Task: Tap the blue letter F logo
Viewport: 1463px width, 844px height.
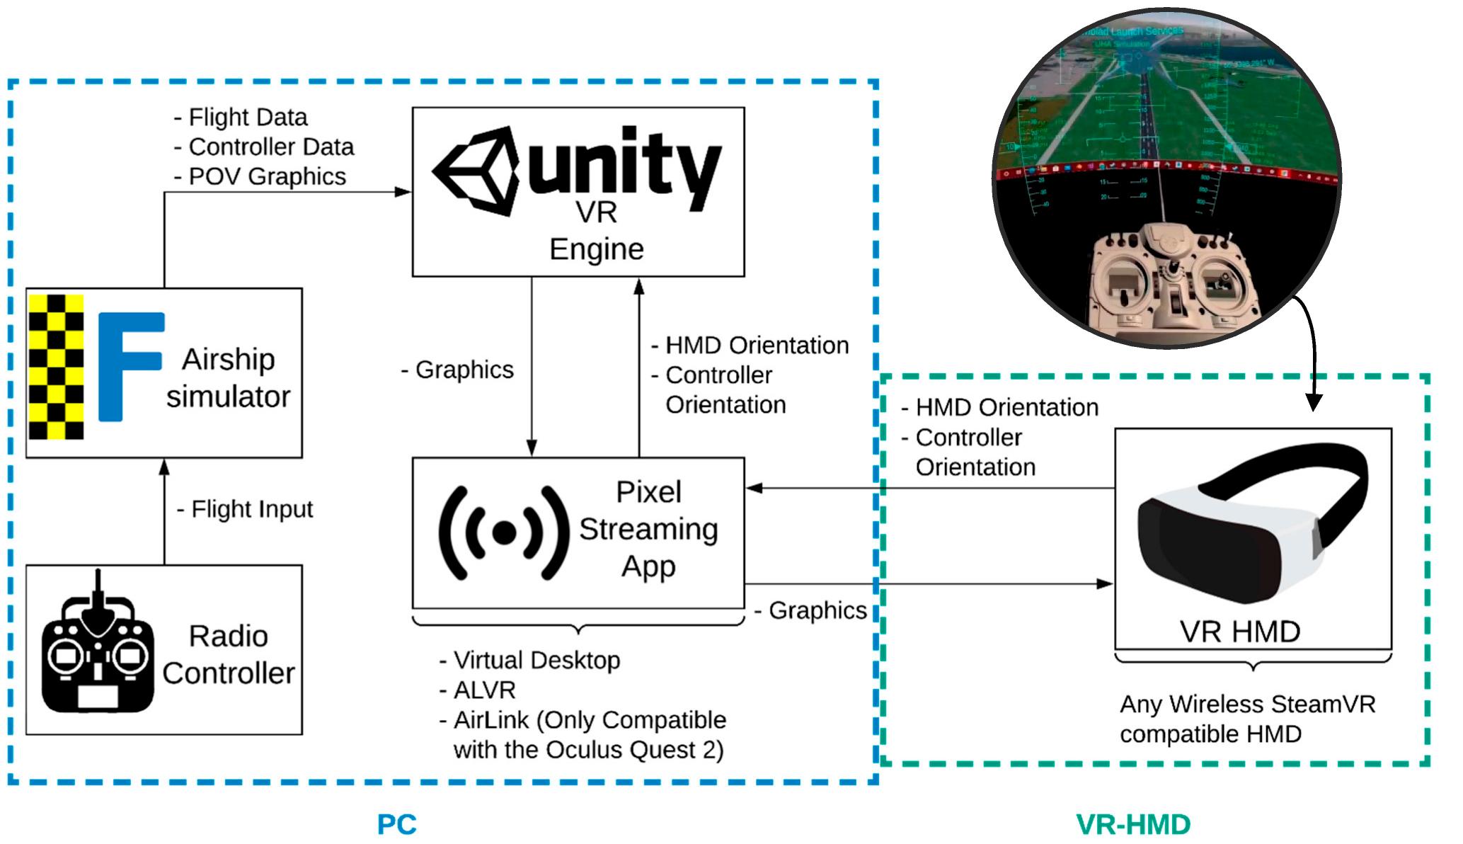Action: [128, 366]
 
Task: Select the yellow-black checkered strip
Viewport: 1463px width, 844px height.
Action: [56, 367]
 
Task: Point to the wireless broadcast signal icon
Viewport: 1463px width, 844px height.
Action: [503, 533]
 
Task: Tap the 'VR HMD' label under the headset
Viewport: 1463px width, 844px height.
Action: [1239, 632]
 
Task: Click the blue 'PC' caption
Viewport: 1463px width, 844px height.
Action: [396, 825]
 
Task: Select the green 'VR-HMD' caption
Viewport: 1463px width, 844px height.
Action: [1133, 825]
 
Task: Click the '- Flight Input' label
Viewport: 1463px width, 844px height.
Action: [245, 509]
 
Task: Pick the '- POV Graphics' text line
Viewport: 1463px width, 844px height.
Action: [260, 176]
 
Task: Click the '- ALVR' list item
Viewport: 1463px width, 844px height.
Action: [478, 690]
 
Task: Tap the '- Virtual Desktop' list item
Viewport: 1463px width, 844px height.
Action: [529, 660]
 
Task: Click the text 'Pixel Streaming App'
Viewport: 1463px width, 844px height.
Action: [648, 529]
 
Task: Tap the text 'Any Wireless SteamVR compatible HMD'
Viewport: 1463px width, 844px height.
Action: [1246, 719]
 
